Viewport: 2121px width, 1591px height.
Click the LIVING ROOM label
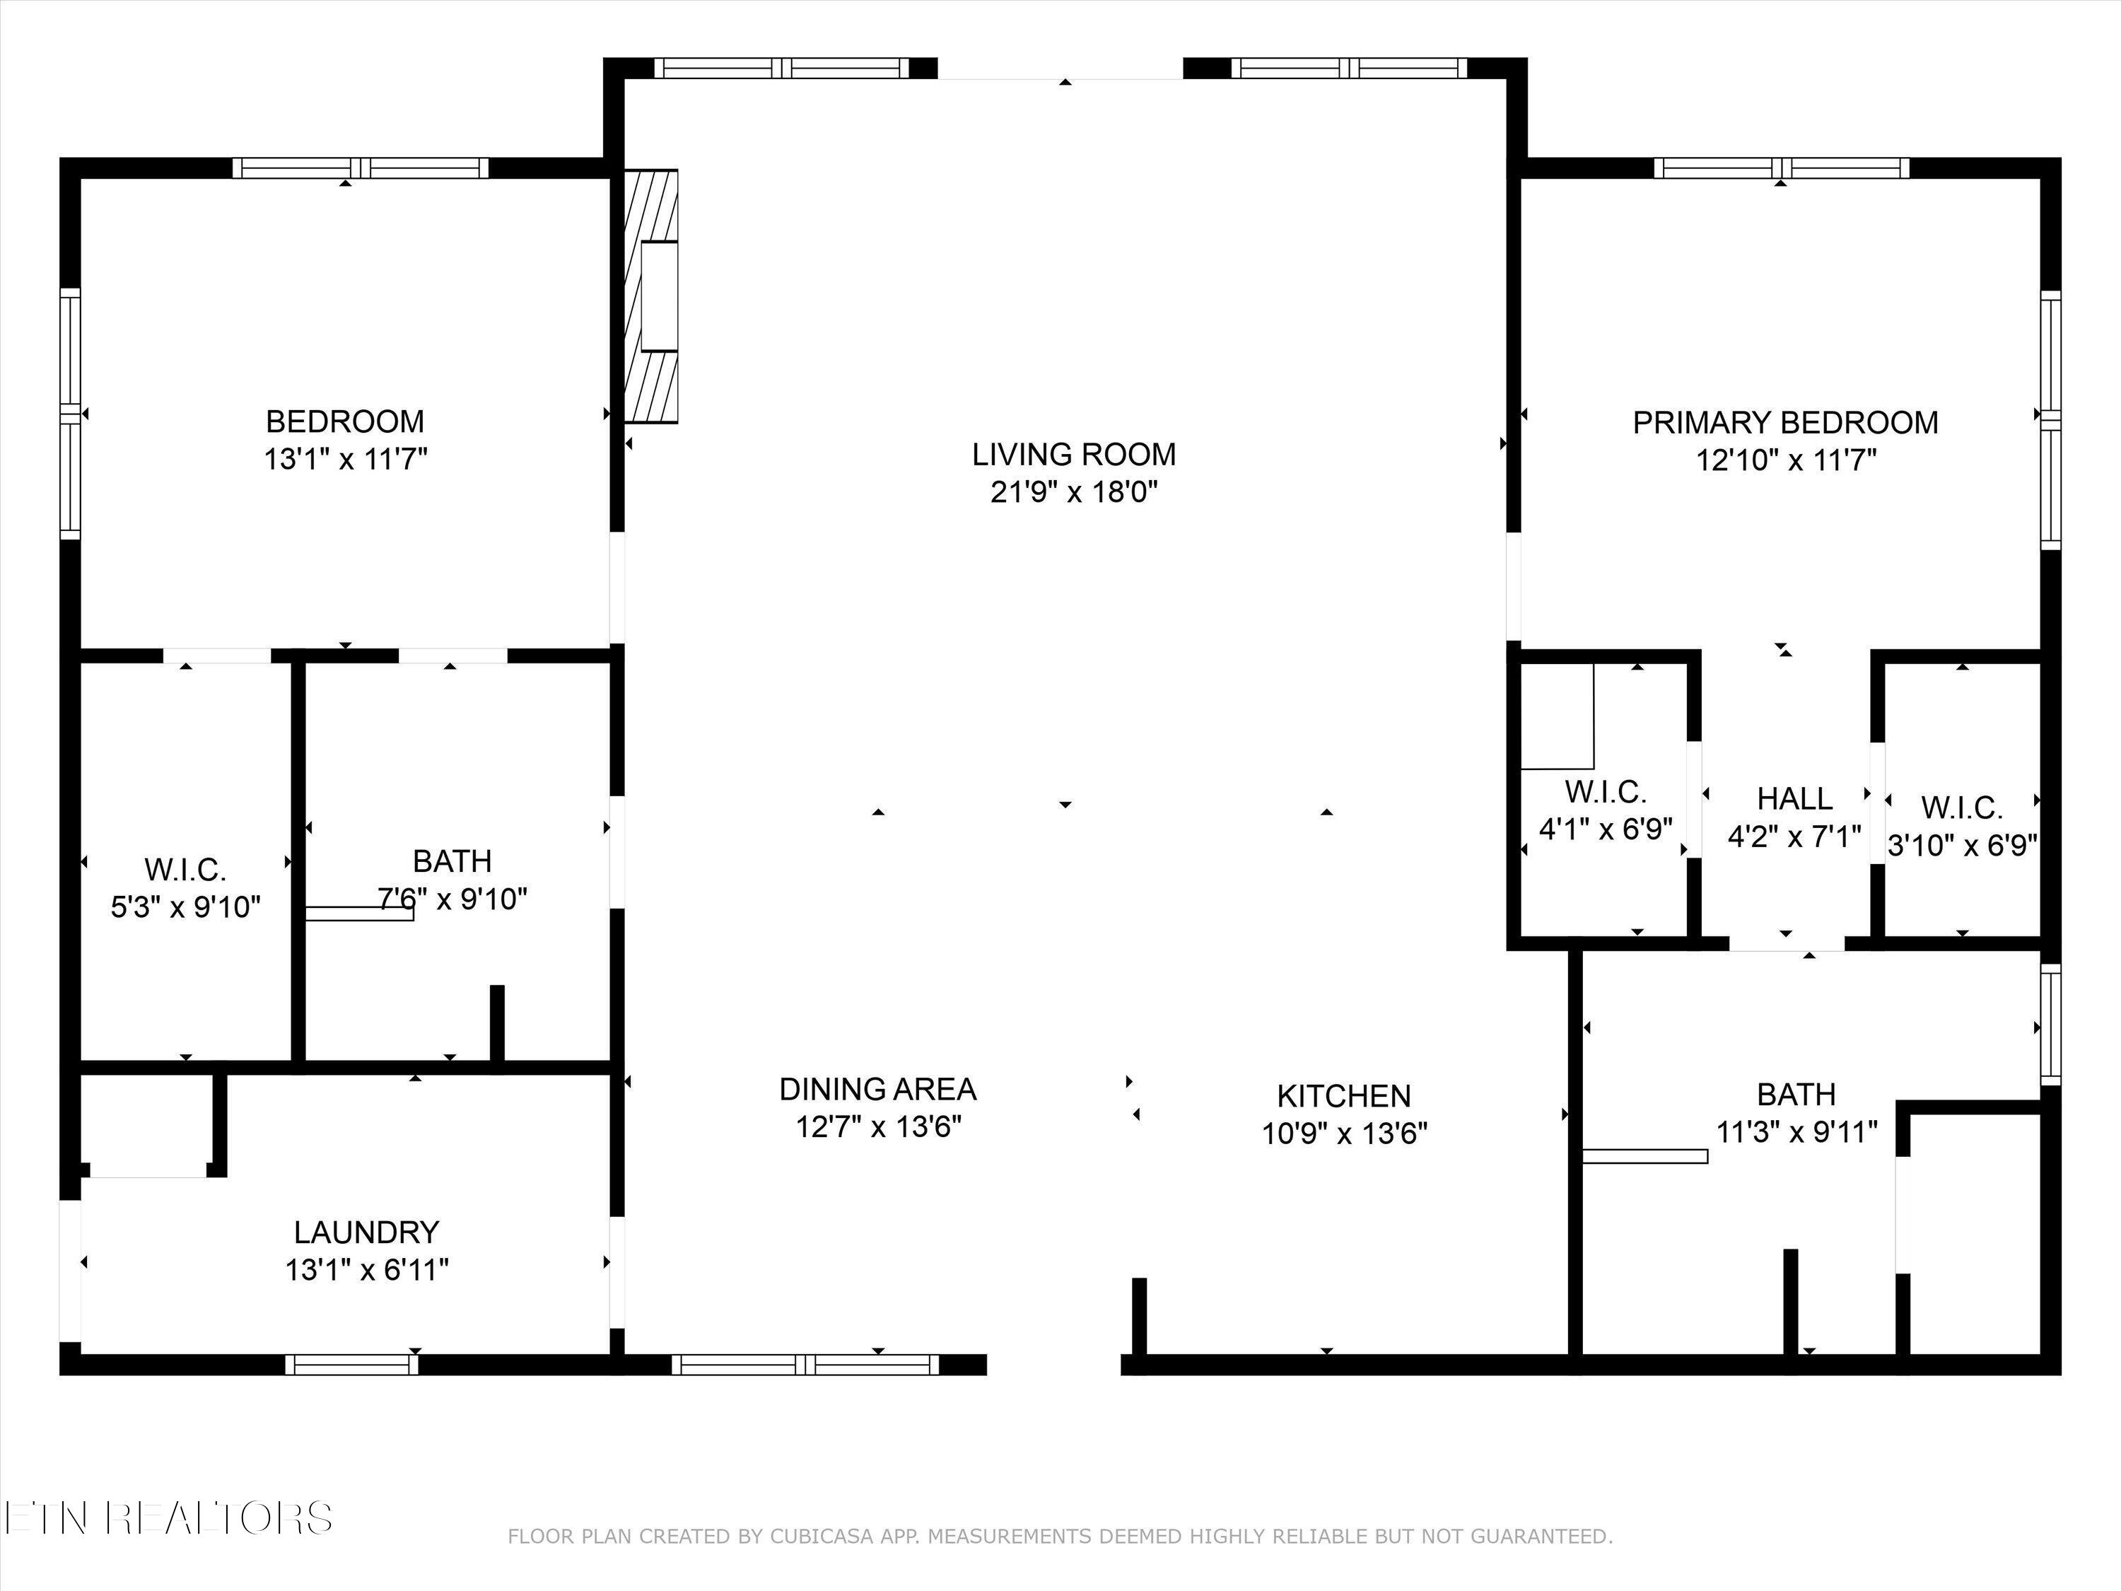click(1074, 455)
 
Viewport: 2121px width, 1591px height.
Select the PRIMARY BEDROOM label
click(1785, 423)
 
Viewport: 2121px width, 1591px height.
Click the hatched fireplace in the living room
click(651, 296)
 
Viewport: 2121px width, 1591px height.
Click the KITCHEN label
click(1343, 1096)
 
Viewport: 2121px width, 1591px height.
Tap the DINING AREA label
click(877, 1090)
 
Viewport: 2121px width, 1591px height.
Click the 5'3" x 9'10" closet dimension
click(186, 907)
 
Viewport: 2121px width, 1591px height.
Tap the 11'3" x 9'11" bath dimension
click(1796, 1133)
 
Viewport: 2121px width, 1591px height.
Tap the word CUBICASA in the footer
click(821, 1537)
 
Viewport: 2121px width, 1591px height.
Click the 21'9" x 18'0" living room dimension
click(1074, 493)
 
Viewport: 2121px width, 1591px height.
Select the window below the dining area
click(805, 1365)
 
